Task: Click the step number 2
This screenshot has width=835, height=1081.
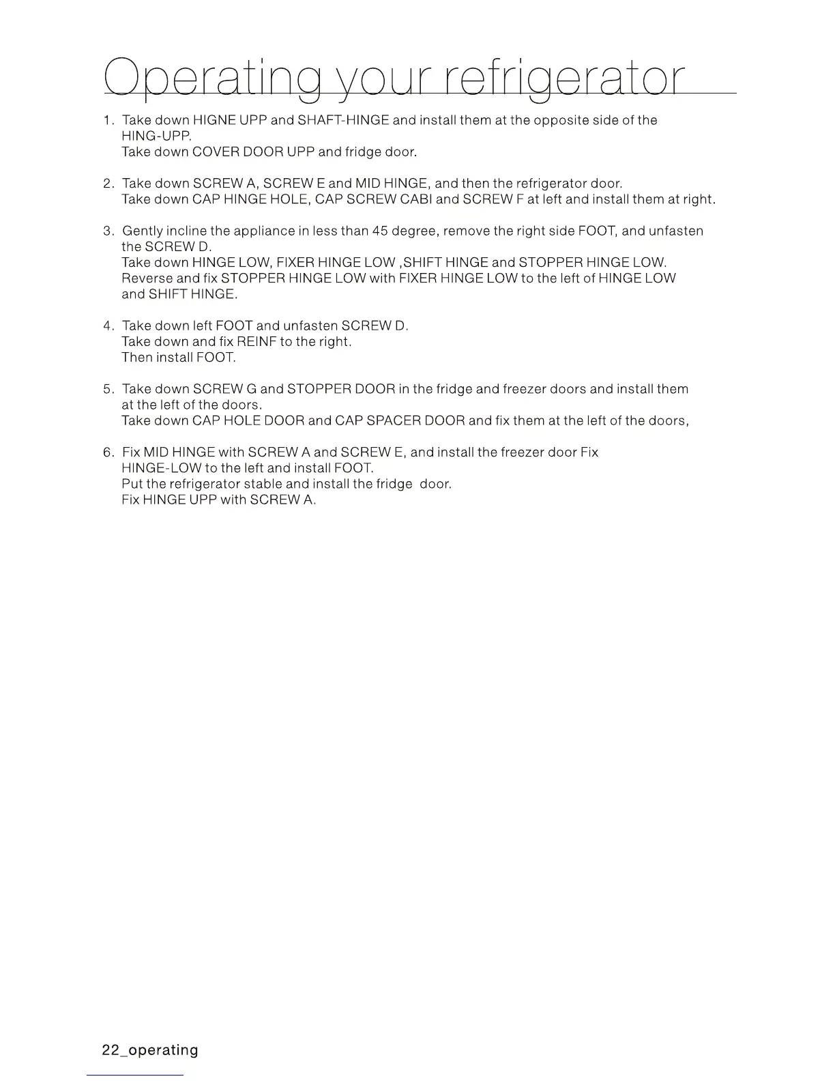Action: point(108,184)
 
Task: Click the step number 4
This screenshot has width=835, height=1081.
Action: point(108,326)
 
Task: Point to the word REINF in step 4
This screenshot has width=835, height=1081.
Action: point(257,342)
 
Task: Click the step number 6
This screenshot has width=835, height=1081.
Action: point(108,452)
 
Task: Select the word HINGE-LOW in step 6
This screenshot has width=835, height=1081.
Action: point(161,468)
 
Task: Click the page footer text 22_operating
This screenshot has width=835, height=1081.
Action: point(150,1050)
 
